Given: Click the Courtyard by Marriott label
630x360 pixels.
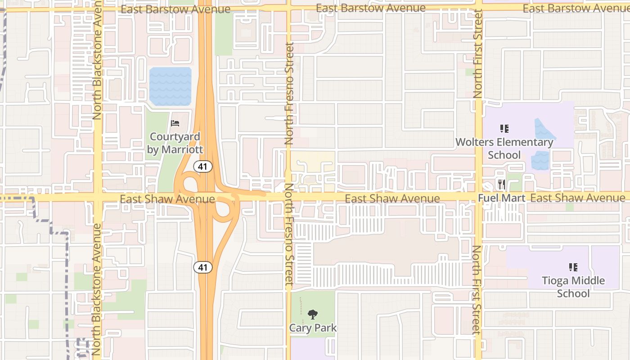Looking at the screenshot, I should point(175,143).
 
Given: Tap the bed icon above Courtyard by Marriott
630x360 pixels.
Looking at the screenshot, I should point(175,123).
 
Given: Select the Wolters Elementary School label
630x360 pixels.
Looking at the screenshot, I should point(504,148).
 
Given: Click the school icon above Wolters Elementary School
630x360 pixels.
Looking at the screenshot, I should point(504,129).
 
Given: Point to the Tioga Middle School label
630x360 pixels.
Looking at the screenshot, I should point(573,287).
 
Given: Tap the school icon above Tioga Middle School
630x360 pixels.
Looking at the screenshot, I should point(573,267).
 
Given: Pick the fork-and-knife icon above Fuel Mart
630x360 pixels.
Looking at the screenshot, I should point(502,184).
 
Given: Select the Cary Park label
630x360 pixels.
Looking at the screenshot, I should point(313,328).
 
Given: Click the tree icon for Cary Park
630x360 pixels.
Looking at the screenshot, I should point(313,315).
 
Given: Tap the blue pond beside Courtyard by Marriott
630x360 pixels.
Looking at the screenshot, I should point(171,86).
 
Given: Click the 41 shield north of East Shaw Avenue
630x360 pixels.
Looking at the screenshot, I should point(203,166).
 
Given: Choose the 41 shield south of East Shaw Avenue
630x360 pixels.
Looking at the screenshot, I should point(203,267).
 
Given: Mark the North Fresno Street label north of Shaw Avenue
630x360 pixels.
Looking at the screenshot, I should point(289,94).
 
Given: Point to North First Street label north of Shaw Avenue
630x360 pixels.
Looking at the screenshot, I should point(478,54).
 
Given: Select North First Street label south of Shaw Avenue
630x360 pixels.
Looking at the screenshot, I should point(477,290).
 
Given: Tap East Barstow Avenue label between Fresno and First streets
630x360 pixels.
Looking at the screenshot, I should point(370,8).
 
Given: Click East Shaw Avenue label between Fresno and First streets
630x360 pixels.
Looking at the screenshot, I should point(392,198).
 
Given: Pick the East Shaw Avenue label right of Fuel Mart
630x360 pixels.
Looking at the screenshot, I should point(577,198).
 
